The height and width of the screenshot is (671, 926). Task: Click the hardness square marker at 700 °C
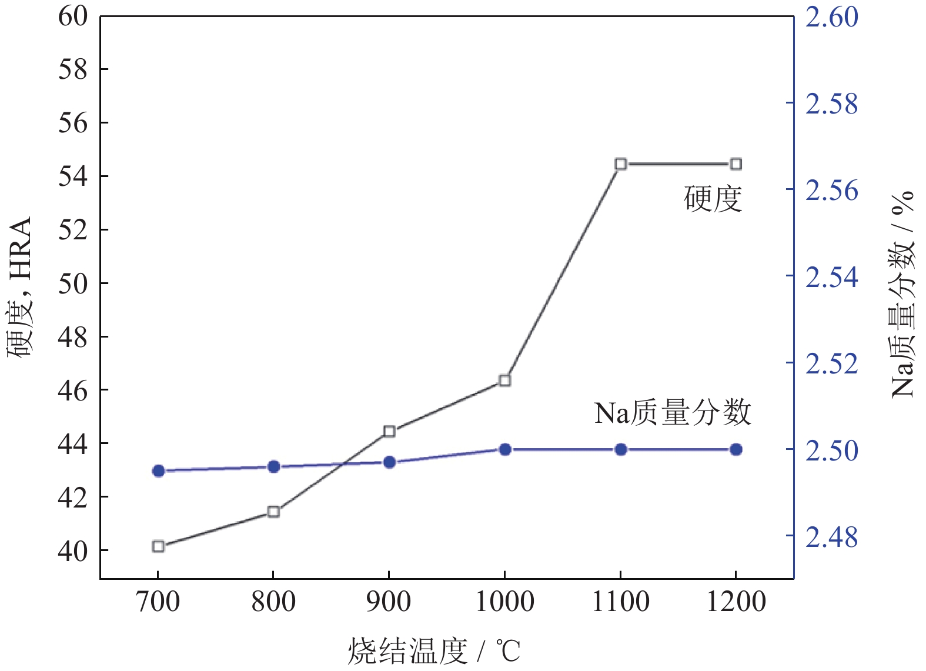pos(158,546)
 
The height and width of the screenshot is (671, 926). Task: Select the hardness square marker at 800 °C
pos(273,512)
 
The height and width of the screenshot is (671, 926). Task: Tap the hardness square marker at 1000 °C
pos(504,380)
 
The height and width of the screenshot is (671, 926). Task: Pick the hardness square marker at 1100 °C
pos(621,164)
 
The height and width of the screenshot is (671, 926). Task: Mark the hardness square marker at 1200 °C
pos(736,164)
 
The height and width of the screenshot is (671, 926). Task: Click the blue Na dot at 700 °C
pos(158,470)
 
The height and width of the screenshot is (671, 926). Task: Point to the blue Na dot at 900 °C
pos(389,462)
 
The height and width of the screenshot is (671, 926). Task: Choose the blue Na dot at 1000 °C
pos(504,450)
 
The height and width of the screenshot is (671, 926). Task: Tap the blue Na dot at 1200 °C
pos(736,450)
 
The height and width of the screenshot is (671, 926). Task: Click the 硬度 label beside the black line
pos(713,199)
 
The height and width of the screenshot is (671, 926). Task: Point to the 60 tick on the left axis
pos(73,16)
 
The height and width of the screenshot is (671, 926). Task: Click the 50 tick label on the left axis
pos(73,283)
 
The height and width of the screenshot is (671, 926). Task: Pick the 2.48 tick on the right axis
pos(831,537)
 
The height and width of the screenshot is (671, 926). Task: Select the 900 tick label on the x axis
pos(389,602)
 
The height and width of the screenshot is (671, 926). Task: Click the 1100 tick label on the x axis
pos(621,602)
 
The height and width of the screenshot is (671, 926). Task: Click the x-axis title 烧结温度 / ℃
pos(434,651)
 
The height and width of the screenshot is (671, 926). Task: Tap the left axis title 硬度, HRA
pos(20,288)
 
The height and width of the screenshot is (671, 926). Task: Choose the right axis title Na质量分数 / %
pos(902,294)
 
